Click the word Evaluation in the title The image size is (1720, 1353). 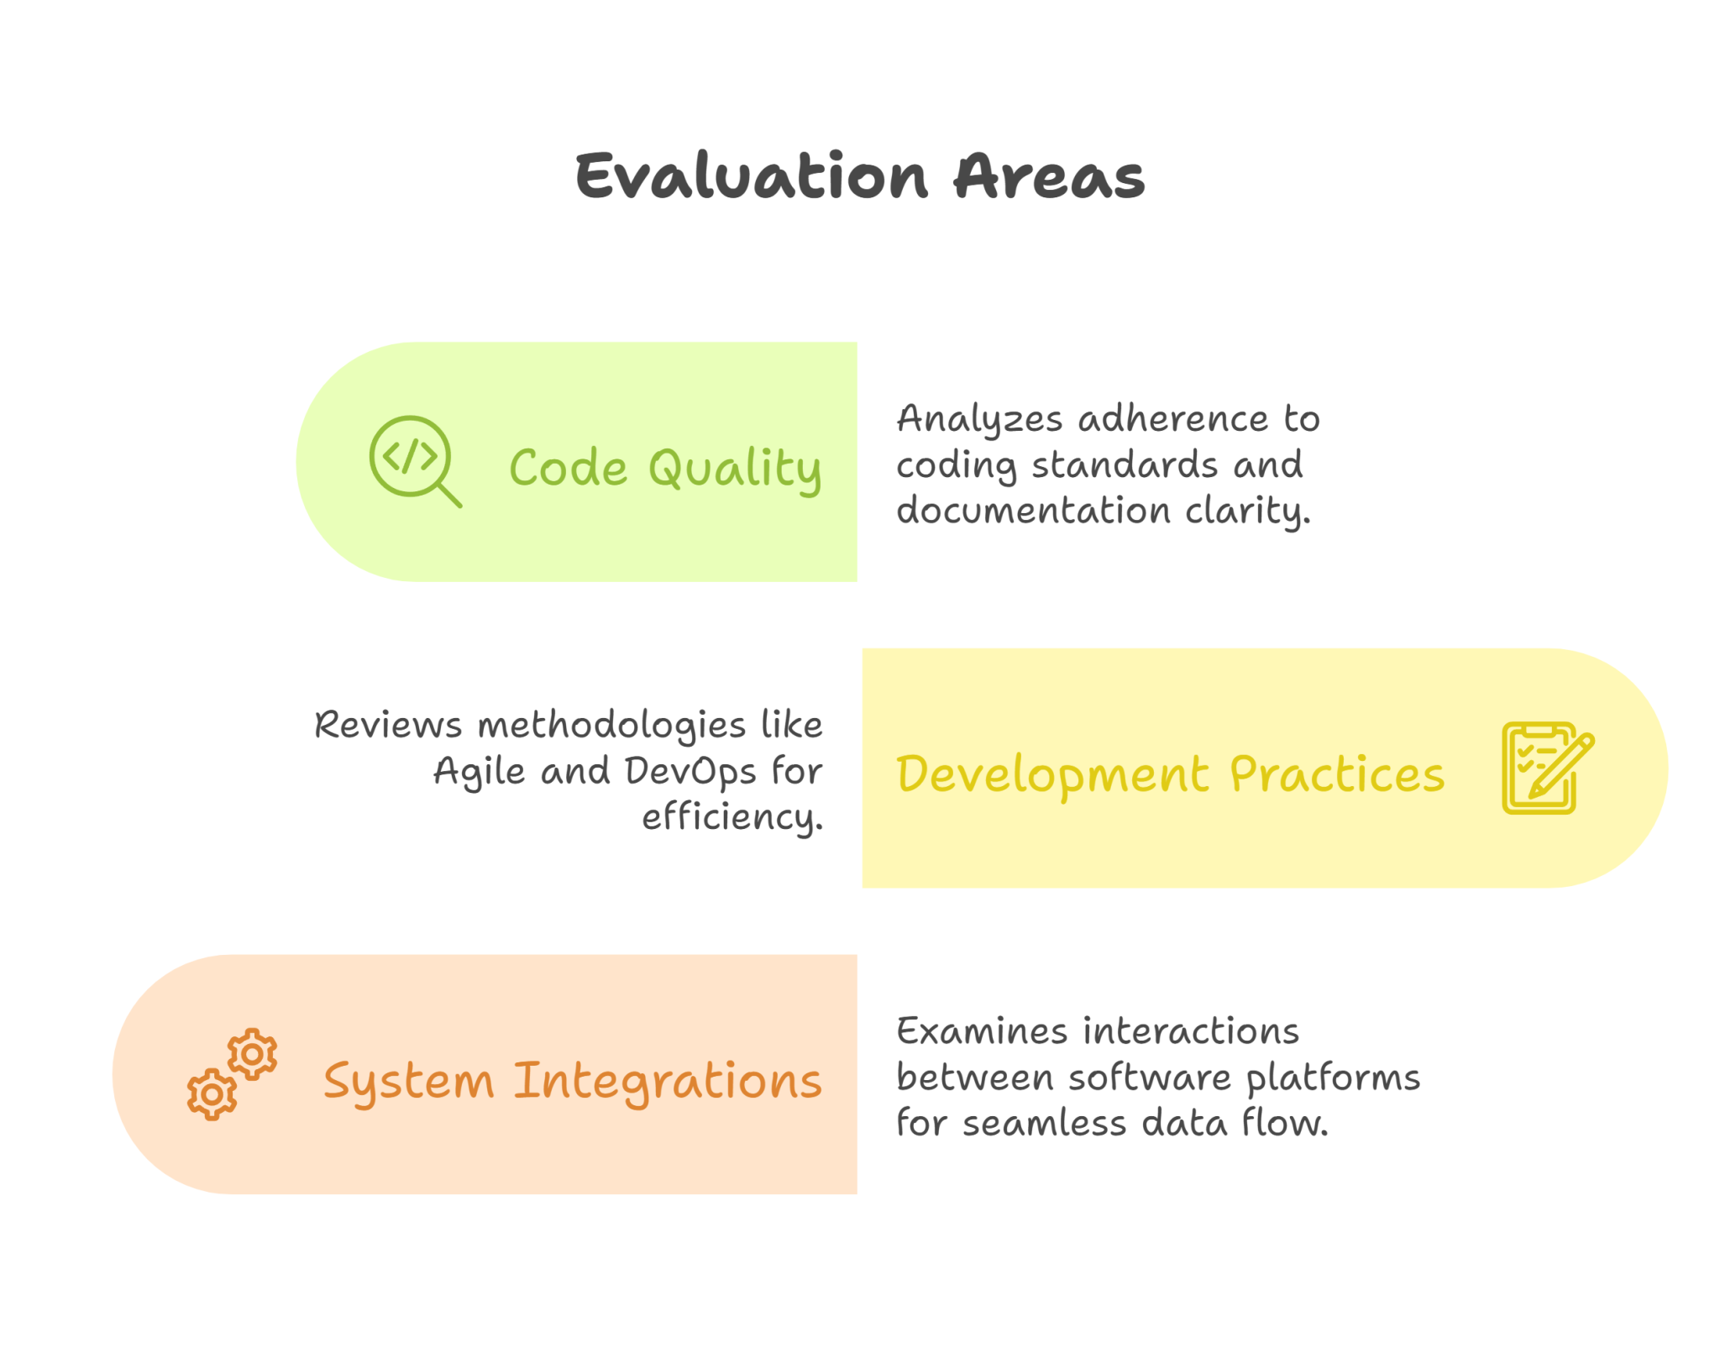[x=752, y=176]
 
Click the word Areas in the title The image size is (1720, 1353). [x=1048, y=176]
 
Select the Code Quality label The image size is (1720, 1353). [x=665, y=467]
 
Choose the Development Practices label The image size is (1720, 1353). [x=1170, y=774]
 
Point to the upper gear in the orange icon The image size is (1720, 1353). [x=252, y=1053]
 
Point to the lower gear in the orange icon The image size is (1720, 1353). [x=212, y=1094]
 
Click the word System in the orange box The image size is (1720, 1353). [x=408, y=1082]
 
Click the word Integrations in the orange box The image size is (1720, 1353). [x=668, y=1080]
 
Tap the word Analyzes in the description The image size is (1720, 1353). [x=979, y=419]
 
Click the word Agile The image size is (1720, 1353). [x=480, y=771]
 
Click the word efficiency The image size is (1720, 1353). [x=732, y=817]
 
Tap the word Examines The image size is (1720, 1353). [x=980, y=1031]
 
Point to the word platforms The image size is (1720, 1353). [x=1333, y=1078]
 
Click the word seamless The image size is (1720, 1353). [x=1044, y=1124]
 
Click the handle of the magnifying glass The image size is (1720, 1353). [x=450, y=496]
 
